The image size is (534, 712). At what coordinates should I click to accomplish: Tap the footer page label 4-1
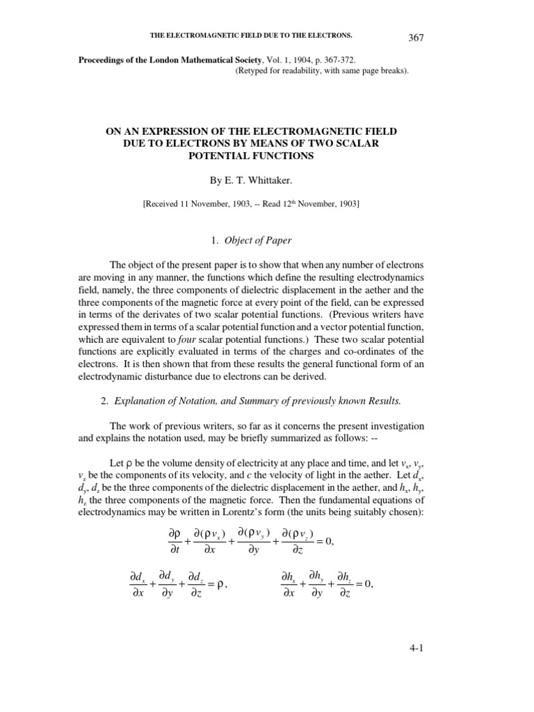(417, 649)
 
